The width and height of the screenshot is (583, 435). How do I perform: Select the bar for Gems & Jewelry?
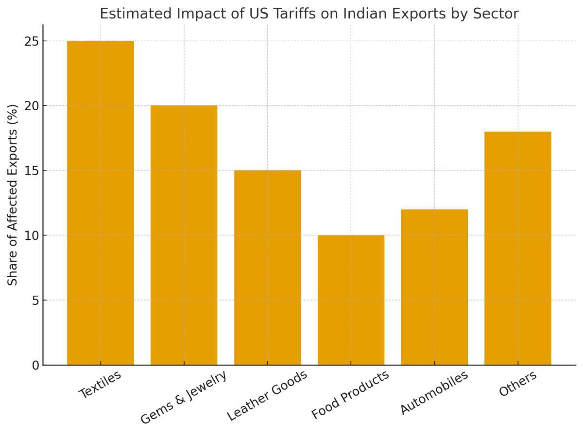click(x=184, y=235)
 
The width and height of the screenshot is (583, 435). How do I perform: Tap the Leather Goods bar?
click(x=267, y=268)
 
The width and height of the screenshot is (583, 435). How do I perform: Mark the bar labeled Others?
click(x=518, y=248)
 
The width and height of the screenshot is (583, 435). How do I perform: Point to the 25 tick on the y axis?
click(x=32, y=41)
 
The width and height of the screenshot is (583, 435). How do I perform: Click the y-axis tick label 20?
click(x=32, y=106)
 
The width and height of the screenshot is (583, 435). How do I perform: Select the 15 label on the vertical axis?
click(x=32, y=171)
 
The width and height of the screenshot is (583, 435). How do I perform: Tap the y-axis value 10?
click(x=32, y=235)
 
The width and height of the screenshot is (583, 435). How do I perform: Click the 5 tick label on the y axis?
click(x=35, y=301)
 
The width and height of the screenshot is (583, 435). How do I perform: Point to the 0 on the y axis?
click(x=35, y=365)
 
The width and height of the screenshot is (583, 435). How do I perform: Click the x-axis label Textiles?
click(x=100, y=384)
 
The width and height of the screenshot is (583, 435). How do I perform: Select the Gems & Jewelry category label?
click(x=184, y=397)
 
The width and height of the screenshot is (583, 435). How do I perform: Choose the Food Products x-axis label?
click(x=350, y=395)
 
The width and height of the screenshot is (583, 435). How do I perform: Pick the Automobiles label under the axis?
click(x=434, y=392)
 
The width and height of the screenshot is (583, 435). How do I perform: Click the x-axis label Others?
click(x=518, y=384)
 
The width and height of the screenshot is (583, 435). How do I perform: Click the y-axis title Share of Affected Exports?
click(x=13, y=194)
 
